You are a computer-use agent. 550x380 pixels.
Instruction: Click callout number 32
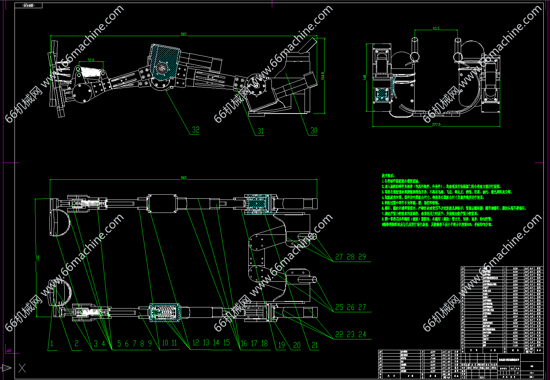pyautogui.click(x=196, y=130)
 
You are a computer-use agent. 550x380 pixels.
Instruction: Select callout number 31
pyautogui.click(x=260, y=131)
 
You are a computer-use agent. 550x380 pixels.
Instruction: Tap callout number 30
pyautogui.click(x=314, y=130)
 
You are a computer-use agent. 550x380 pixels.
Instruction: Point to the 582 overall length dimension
pyautogui.click(x=183, y=34)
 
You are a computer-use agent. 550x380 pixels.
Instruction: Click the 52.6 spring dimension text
pyautogui.click(x=91, y=60)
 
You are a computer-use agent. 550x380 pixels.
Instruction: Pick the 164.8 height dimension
pyautogui.click(x=323, y=76)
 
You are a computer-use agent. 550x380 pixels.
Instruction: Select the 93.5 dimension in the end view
pyautogui.click(x=436, y=28)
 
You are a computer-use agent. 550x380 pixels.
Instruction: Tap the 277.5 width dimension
pyautogui.click(x=436, y=125)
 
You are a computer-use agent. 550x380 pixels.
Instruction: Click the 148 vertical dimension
pyautogui.click(x=366, y=77)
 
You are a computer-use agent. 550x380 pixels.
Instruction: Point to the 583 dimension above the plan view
pyautogui.click(x=183, y=178)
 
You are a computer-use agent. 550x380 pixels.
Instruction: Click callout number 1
pyautogui.click(x=52, y=344)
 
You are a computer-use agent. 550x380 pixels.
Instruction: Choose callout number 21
pyautogui.click(x=315, y=345)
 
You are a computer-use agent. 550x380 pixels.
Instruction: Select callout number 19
pyautogui.click(x=282, y=345)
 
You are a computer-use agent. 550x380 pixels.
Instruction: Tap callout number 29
pyautogui.click(x=362, y=257)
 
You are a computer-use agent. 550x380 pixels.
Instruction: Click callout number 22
pyautogui.click(x=339, y=335)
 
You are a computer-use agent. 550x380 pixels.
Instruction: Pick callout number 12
pyautogui.click(x=196, y=343)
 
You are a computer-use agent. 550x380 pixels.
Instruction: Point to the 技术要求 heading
pyautogui.click(x=388, y=175)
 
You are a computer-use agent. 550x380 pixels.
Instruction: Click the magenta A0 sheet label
pyautogui.click(x=8, y=350)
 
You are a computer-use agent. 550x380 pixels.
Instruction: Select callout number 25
pyautogui.click(x=339, y=307)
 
